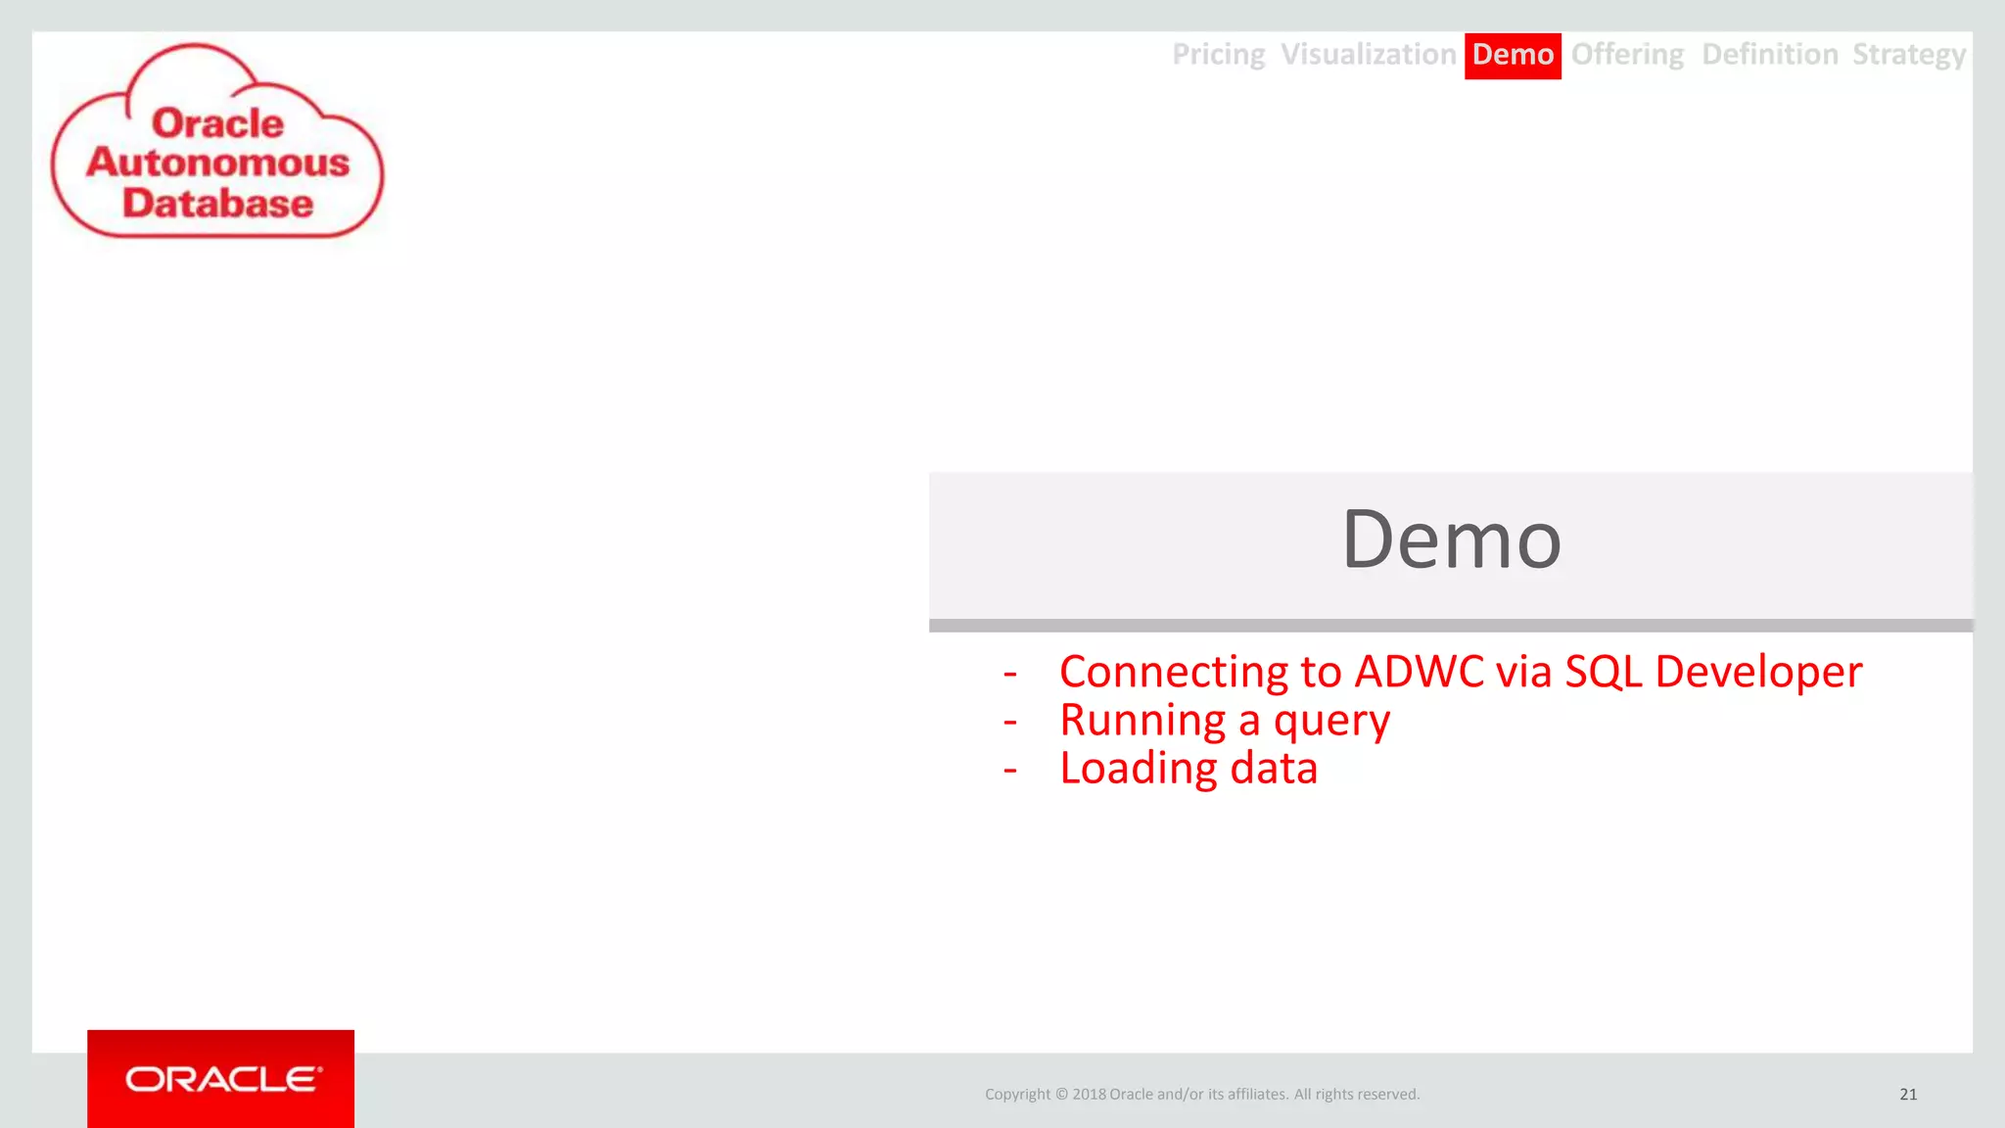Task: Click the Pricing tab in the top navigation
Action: [x=1218, y=55]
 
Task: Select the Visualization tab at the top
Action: [x=1368, y=55]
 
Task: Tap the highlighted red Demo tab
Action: [x=1513, y=55]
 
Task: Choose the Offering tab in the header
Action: [x=1627, y=55]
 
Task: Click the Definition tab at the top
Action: [x=1769, y=55]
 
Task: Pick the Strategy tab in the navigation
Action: [x=1908, y=55]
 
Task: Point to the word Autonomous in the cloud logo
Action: [x=217, y=163]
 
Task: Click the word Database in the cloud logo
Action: [x=217, y=204]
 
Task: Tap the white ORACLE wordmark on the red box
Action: [x=222, y=1079]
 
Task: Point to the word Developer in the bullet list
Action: [x=1758, y=673]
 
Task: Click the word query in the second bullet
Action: [x=1331, y=723]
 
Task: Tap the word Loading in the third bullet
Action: [x=1138, y=770]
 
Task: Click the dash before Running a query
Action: [x=1010, y=723]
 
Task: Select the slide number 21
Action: [x=1908, y=1095]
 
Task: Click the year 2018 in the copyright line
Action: [x=1089, y=1095]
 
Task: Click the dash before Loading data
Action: [x=1010, y=771]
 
